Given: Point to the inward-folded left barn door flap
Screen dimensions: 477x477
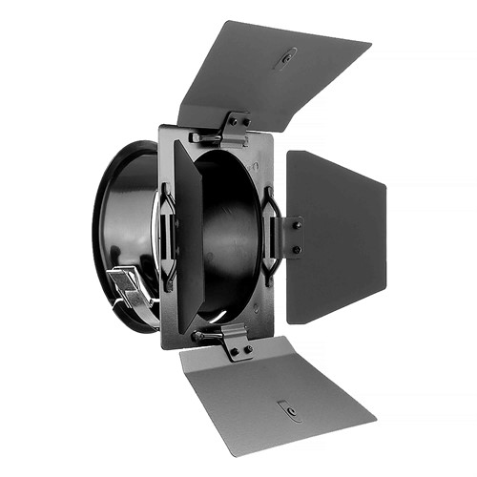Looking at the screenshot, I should pyautogui.click(x=189, y=238).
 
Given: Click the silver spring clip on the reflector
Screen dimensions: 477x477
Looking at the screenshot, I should pyautogui.click(x=129, y=286).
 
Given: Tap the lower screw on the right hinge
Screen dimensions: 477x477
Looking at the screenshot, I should pyautogui.click(x=297, y=250).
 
